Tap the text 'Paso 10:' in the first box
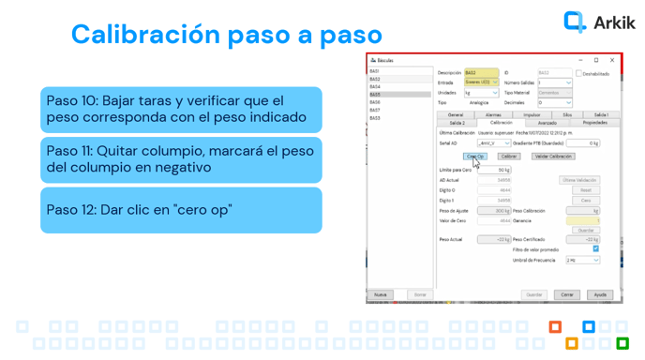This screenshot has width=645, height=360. click(71, 100)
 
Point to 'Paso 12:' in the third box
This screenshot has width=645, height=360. click(71, 209)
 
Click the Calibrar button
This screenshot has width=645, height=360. click(509, 157)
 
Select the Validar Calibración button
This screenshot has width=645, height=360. click(553, 157)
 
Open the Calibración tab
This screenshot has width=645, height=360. click(501, 123)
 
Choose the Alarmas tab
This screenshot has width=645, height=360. click(493, 114)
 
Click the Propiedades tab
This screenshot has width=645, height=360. click(594, 123)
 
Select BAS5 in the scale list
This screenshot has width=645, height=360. click(375, 95)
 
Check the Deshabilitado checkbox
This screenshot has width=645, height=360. click(578, 73)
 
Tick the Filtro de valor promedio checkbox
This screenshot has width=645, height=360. click(595, 249)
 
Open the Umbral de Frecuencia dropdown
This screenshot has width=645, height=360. click(581, 261)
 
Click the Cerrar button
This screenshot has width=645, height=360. click(567, 294)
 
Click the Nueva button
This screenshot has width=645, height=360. click(380, 294)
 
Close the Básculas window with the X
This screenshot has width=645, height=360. click(611, 60)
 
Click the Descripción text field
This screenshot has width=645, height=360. click(481, 73)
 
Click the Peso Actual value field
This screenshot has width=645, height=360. click(494, 239)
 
